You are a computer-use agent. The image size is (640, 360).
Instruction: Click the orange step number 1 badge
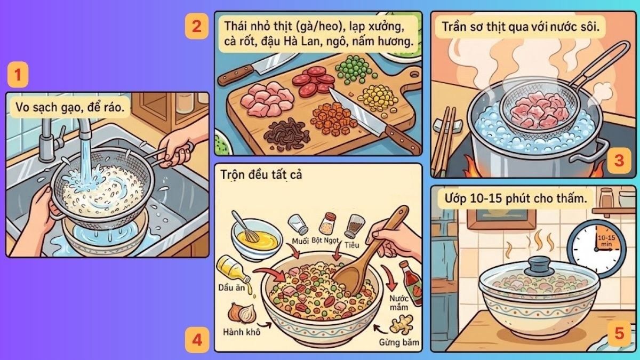click(18, 76)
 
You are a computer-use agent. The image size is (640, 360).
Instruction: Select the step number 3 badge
click(619, 161)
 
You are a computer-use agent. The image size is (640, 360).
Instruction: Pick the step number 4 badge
click(196, 339)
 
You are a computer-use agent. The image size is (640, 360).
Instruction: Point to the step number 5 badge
click(619, 334)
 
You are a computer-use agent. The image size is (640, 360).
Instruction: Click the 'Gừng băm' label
click(396, 341)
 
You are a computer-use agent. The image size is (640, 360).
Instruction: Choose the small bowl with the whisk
click(255, 237)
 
